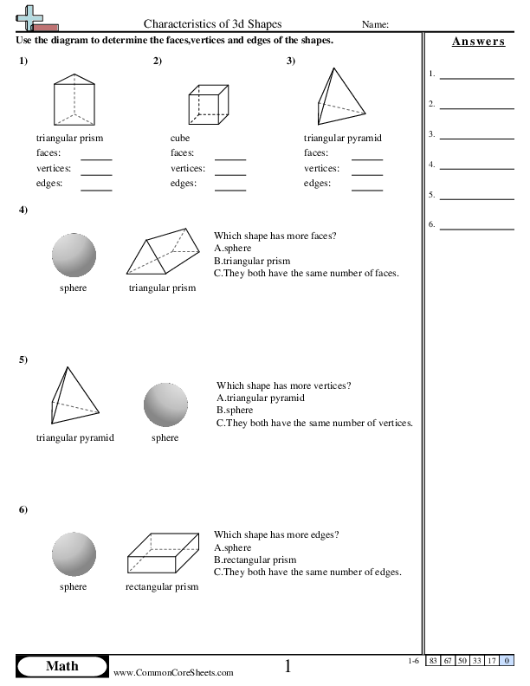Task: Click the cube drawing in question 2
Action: pyautogui.click(x=209, y=106)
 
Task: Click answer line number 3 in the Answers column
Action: pyautogui.click(x=476, y=138)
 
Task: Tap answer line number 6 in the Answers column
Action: pyautogui.click(x=476, y=228)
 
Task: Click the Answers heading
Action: pyautogui.click(x=478, y=42)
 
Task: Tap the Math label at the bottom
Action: pyautogui.click(x=61, y=665)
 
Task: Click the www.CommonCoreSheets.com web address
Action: pyautogui.click(x=173, y=672)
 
